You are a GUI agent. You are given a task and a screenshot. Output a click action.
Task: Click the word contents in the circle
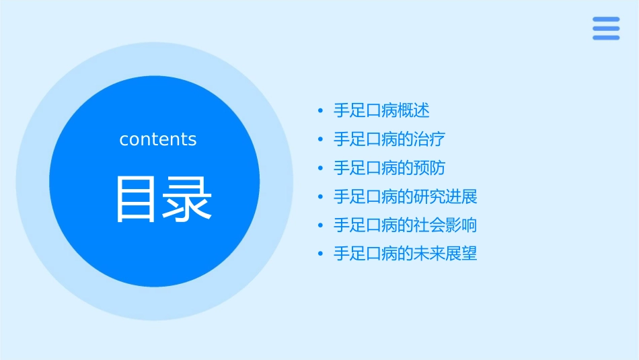[158, 139]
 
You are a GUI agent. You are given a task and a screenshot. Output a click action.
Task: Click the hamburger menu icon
[606, 28]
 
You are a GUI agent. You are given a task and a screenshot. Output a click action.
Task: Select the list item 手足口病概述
[381, 110]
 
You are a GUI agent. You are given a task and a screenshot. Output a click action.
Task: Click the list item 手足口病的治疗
[389, 139]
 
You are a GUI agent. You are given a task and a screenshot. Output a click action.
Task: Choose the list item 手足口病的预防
[389, 168]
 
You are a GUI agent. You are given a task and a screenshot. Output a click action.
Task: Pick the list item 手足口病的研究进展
[406, 197]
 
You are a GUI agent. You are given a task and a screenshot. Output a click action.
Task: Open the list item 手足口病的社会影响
[406, 225]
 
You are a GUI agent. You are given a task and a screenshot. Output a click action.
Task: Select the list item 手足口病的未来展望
[406, 254]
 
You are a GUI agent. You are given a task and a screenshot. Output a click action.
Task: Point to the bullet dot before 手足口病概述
[320, 110]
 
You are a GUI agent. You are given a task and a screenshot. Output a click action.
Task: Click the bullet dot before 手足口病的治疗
[320, 139]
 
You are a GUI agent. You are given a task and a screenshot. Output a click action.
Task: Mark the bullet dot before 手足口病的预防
[320, 168]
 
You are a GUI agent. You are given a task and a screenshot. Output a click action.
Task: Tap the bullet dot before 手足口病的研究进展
[320, 197]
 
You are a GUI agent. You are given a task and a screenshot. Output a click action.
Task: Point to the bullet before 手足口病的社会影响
[320, 225]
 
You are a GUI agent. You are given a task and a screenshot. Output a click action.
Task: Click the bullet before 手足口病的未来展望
[320, 254]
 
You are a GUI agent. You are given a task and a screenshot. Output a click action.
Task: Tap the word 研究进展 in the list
[445, 197]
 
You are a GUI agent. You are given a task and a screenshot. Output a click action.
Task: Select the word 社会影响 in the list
[445, 225]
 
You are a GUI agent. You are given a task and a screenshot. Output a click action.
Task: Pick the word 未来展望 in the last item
[445, 254]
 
